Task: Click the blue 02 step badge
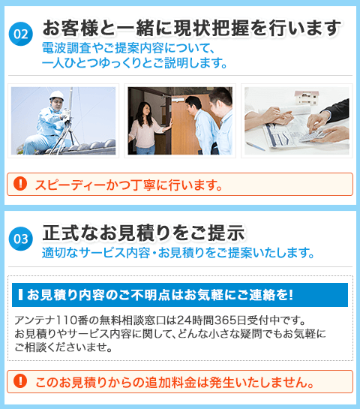click(x=21, y=34)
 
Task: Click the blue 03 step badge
click(x=21, y=239)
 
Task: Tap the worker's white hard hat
click(x=56, y=95)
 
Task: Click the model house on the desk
click(x=307, y=98)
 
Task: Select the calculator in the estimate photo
click(x=312, y=136)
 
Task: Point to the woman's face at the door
click(x=145, y=110)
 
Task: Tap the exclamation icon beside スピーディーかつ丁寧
click(x=20, y=183)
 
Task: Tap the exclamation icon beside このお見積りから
click(x=20, y=380)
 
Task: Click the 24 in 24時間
click(x=182, y=320)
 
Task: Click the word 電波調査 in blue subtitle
click(x=67, y=48)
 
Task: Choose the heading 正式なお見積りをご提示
click(x=143, y=233)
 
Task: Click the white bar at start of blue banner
click(x=20, y=294)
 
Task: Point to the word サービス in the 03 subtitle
click(x=102, y=252)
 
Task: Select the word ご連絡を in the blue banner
click(x=262, y=295)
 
